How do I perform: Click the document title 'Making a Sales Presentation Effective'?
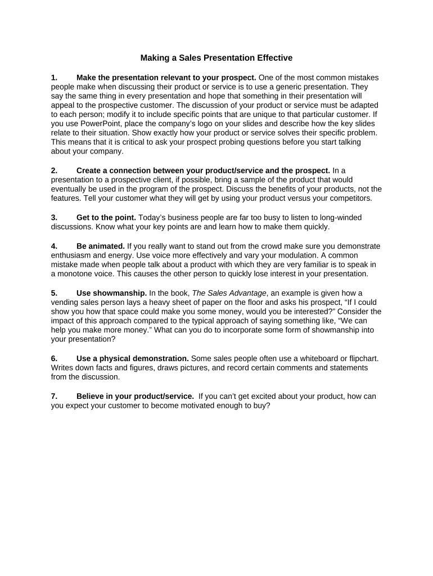[x=216, y=58]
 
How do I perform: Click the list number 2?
[x=54, y=170]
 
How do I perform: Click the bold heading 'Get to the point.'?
[x=106, y=217]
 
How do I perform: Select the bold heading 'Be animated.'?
[x=100, y=246]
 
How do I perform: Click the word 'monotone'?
[x=75, y=274]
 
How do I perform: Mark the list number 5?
[x=54, y=293]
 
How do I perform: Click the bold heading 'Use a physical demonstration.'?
[x=132, y=358]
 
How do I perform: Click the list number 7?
[x=54, y=396]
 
